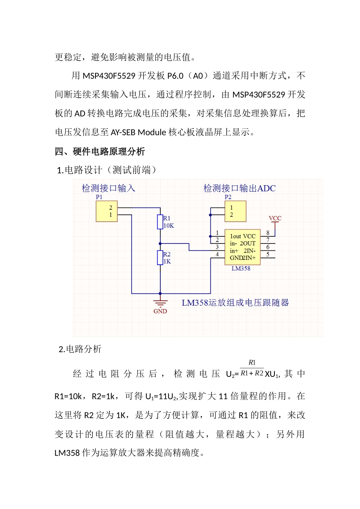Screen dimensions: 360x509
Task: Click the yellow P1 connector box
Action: point(106,211)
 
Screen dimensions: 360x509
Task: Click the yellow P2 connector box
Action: point(235,211)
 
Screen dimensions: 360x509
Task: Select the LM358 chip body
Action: point(243,247)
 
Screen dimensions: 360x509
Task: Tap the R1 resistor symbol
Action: point(160,222)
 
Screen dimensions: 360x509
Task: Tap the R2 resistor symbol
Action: point(160,258)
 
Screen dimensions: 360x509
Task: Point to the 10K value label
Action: point(169,226)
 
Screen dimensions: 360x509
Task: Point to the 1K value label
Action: point(167,261)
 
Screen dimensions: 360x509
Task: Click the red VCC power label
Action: point(275,218)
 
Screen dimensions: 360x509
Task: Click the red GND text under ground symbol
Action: point(160,311)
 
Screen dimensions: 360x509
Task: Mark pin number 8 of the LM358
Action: point(268,233)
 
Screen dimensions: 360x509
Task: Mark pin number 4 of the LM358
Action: point(217,254)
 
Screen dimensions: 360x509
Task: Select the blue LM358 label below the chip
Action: point(241,269)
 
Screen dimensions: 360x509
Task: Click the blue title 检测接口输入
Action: point(108,188)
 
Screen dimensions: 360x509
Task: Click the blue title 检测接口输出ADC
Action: point(239,188)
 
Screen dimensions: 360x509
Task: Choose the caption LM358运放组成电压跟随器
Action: point(235,303)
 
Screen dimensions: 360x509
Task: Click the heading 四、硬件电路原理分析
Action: point(100,152)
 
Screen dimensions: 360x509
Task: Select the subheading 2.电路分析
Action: point(80,349)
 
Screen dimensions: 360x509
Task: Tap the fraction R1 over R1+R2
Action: point(252,368)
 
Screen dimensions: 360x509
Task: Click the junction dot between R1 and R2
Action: point(160,244)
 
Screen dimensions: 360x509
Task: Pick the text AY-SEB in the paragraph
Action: point(123,133)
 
